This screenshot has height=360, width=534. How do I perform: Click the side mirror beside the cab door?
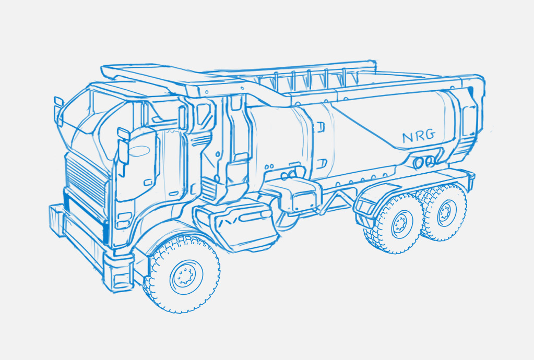[x=123, y=149]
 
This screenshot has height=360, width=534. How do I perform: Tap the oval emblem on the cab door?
[x=139, y=151]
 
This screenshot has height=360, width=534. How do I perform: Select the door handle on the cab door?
[x=148, y=183]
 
